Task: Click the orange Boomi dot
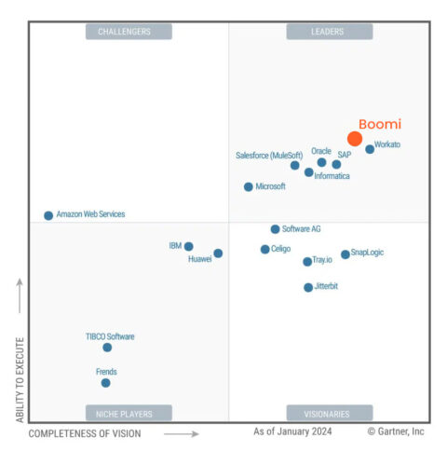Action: pyautogui.click(x=355, y=139)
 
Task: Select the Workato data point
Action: pyautogui.click(x=370, y=149)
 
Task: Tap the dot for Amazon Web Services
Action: pyautogui.click(x=48, y=215)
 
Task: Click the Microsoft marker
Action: pyautogui.click(x=248, y=187)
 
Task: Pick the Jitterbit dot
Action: pyautogui.click(x=308, y=287)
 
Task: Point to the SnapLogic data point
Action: pyautogui.click(x=345, y=253)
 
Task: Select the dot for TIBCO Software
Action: pyautogui.click(x=107, y=348)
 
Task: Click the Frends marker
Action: pyautogui.click(x=105, y=382)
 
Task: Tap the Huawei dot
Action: pyautogui.click(x=218, y=253)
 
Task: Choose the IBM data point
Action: pyautogui.click(x=189, y=247)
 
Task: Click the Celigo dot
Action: pyautogui.click(x=265, y=249)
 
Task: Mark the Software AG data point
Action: pyautogui.click(x=275, y=229)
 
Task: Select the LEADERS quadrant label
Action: pyautogui.click(x=328, y=32)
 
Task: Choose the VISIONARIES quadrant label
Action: pyautogui.click(x=328, y=413)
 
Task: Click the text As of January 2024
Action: pyautogui.click(x=292, y=431)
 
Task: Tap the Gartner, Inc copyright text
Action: pyautogui.click(x=395, y=431)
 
